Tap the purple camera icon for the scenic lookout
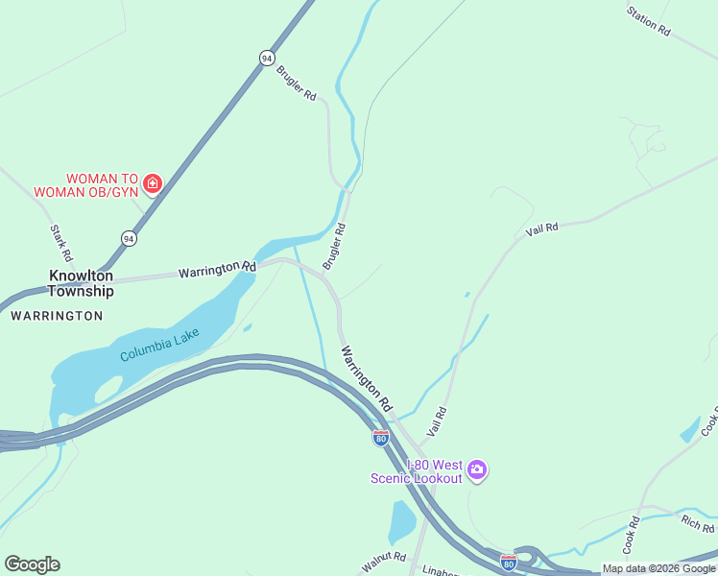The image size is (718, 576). pos(477,470)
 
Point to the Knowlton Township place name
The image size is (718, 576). pos(81,283)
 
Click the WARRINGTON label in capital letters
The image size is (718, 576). pos(57,315)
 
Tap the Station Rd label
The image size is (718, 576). pos(648,21)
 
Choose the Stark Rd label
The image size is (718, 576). pos(60,244)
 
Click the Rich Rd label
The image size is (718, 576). pos(697,524)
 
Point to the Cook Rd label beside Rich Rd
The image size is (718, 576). pos(631,536)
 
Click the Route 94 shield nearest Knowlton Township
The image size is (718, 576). pos(129,237)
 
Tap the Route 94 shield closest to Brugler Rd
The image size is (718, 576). pos(267,58)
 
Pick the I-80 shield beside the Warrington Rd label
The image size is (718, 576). pos(381,439)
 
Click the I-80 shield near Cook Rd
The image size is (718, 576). pos(509,561)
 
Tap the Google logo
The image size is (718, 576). pos(32,564)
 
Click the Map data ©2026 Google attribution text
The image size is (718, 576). pos(658,568)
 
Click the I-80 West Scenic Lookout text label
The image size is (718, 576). pos(421,471)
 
